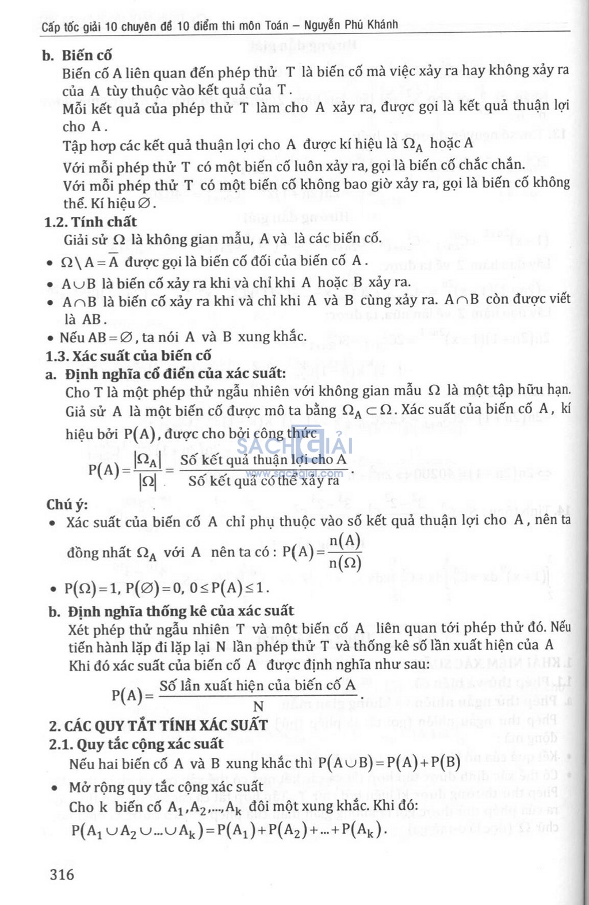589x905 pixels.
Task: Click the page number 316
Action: coord(62,874)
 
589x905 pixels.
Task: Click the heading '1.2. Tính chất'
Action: coord(91,222)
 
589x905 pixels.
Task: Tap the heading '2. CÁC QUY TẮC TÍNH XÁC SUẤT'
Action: coord(158,725)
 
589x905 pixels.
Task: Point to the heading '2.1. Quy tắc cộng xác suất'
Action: coord(136,744)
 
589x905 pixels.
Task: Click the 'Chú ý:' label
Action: coord(67,505)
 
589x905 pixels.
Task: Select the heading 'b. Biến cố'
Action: coord(77,55)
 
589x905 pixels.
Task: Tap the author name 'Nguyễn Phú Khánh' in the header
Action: coord(351,25)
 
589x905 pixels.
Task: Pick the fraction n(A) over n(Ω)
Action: coord(345,551)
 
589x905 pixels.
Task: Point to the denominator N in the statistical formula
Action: coord(258,707)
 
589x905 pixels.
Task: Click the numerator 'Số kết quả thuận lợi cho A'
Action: coord(263,460)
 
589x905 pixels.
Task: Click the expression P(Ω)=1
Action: coord(91,588)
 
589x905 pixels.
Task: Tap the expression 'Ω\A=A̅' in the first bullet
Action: coord(90,261)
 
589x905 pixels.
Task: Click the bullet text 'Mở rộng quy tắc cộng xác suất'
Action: coord(166,786)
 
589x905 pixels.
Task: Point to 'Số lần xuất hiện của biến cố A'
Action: coord(258,685)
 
